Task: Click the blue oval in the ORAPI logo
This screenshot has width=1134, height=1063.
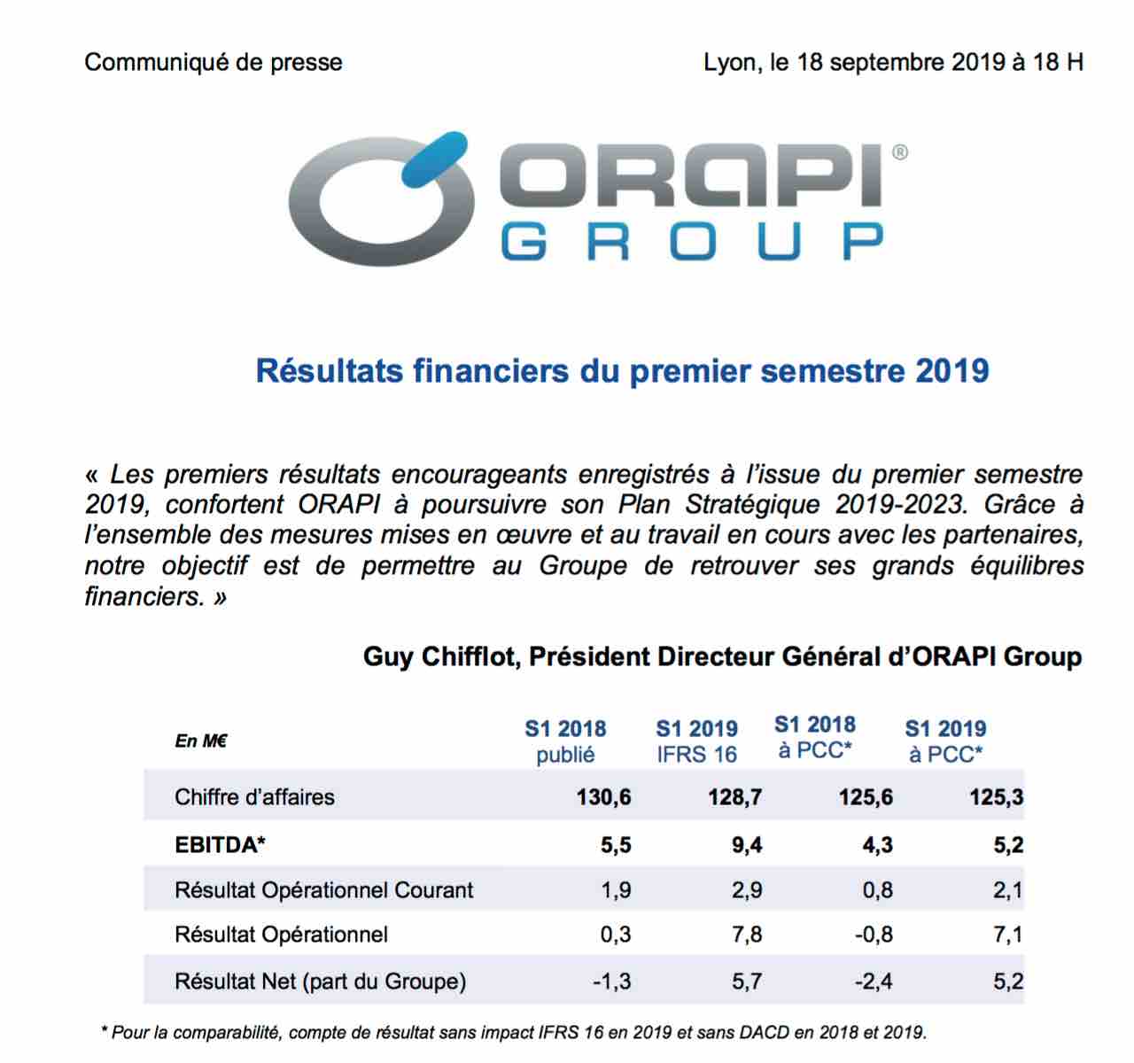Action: tap(434, 160)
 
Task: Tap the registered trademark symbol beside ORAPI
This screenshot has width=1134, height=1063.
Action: tap(899, 152)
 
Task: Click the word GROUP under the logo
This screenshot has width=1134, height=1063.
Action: tap(693, 242)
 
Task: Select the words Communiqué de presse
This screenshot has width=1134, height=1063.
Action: tap(214, 62)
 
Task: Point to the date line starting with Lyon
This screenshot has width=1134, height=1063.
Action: tap(893, 62)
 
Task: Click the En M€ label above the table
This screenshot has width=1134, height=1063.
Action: tap(201, 741)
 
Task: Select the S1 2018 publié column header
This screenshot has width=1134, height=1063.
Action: tap(565, 741)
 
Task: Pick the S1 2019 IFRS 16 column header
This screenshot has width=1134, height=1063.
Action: tap(696, 741)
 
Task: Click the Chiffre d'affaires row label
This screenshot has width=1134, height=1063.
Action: tap(254, 797)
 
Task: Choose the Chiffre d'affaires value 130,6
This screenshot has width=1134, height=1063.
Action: tap(603, 797)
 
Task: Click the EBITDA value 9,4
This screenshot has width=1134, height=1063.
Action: tap(747, 845)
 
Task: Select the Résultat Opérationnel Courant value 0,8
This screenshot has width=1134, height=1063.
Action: tap(878, 890)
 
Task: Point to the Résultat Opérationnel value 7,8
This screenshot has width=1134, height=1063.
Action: tap(747, 935)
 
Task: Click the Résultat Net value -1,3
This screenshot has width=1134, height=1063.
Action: tap(611, 982)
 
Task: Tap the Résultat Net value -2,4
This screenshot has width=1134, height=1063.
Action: tap(874, 982)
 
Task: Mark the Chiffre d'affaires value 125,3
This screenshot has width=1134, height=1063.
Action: tap(997, 797)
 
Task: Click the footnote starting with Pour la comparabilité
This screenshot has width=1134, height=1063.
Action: tap(514, 1033)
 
